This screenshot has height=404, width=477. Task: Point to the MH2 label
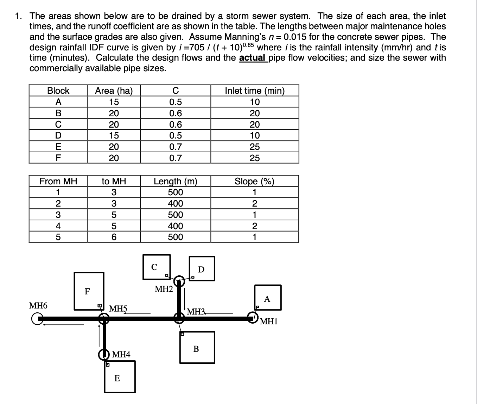point(164,290)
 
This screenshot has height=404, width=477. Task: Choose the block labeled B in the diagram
point(197,348)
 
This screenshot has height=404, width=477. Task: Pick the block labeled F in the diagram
point(89,291)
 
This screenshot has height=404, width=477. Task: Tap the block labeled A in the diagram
point(268,298)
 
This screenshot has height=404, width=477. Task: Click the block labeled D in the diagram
point(202,269)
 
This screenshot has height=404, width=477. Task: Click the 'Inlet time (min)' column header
point(255,91)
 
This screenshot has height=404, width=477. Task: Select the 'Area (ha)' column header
point(114,91)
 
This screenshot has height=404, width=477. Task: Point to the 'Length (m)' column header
point(176,181)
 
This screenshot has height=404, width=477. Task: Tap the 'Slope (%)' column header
point(254,181)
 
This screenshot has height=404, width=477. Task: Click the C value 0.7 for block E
point(176,147)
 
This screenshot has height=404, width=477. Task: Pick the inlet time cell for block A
point(255,102)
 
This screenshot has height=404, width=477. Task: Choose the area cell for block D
point(114,135)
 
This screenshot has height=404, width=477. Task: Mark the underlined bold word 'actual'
point(252,58)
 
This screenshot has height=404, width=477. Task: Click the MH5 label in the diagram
point(118,309)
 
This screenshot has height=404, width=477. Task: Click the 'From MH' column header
point(58,181)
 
